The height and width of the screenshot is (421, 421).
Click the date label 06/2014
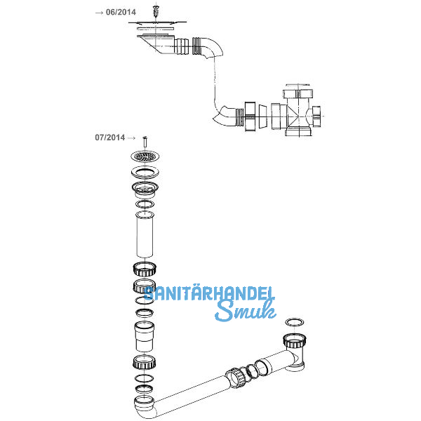tap(121, 12)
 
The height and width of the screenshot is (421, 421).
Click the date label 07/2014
tap(109, 138)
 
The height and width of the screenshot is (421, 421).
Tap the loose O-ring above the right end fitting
tap(295, 322)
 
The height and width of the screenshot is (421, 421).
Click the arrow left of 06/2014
tap(98, 13)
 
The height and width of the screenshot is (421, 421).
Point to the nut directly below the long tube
tap(144, 269)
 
